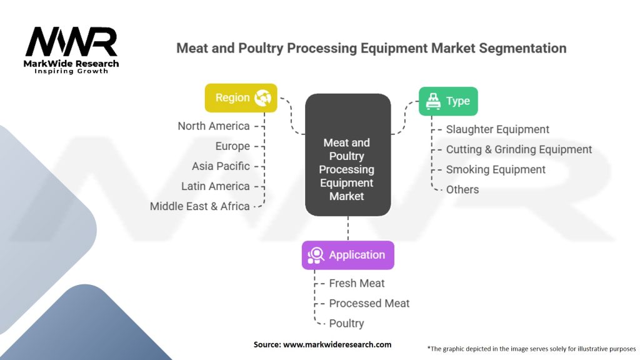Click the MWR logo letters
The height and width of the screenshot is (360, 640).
point(71,42)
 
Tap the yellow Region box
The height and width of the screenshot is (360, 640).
point(241,98)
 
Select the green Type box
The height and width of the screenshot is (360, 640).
point(448,101)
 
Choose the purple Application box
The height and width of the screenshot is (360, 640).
point(347,255)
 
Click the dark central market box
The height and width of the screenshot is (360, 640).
point(347,155)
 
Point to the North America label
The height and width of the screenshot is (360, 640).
point(214,126)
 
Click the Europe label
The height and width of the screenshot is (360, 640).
point(232,146)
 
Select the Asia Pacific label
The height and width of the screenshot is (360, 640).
point(221,166)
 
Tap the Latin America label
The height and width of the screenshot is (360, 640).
point(216,186)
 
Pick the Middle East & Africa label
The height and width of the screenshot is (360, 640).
point(199,206)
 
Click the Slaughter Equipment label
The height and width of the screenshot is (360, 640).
point(497,129)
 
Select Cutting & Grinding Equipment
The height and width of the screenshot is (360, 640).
point(519,149)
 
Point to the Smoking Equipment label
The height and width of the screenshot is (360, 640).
point(496,169)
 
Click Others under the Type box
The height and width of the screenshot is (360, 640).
point(462,189)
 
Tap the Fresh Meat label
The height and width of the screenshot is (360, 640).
point(357,283)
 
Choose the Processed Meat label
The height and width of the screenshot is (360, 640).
point(369,303)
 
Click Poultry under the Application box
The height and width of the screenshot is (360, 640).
point(346,323)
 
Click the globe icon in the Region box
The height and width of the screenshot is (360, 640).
point(263,98)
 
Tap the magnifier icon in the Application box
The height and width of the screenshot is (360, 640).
point(316,255)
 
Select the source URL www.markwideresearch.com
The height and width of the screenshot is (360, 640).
point(337,344)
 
